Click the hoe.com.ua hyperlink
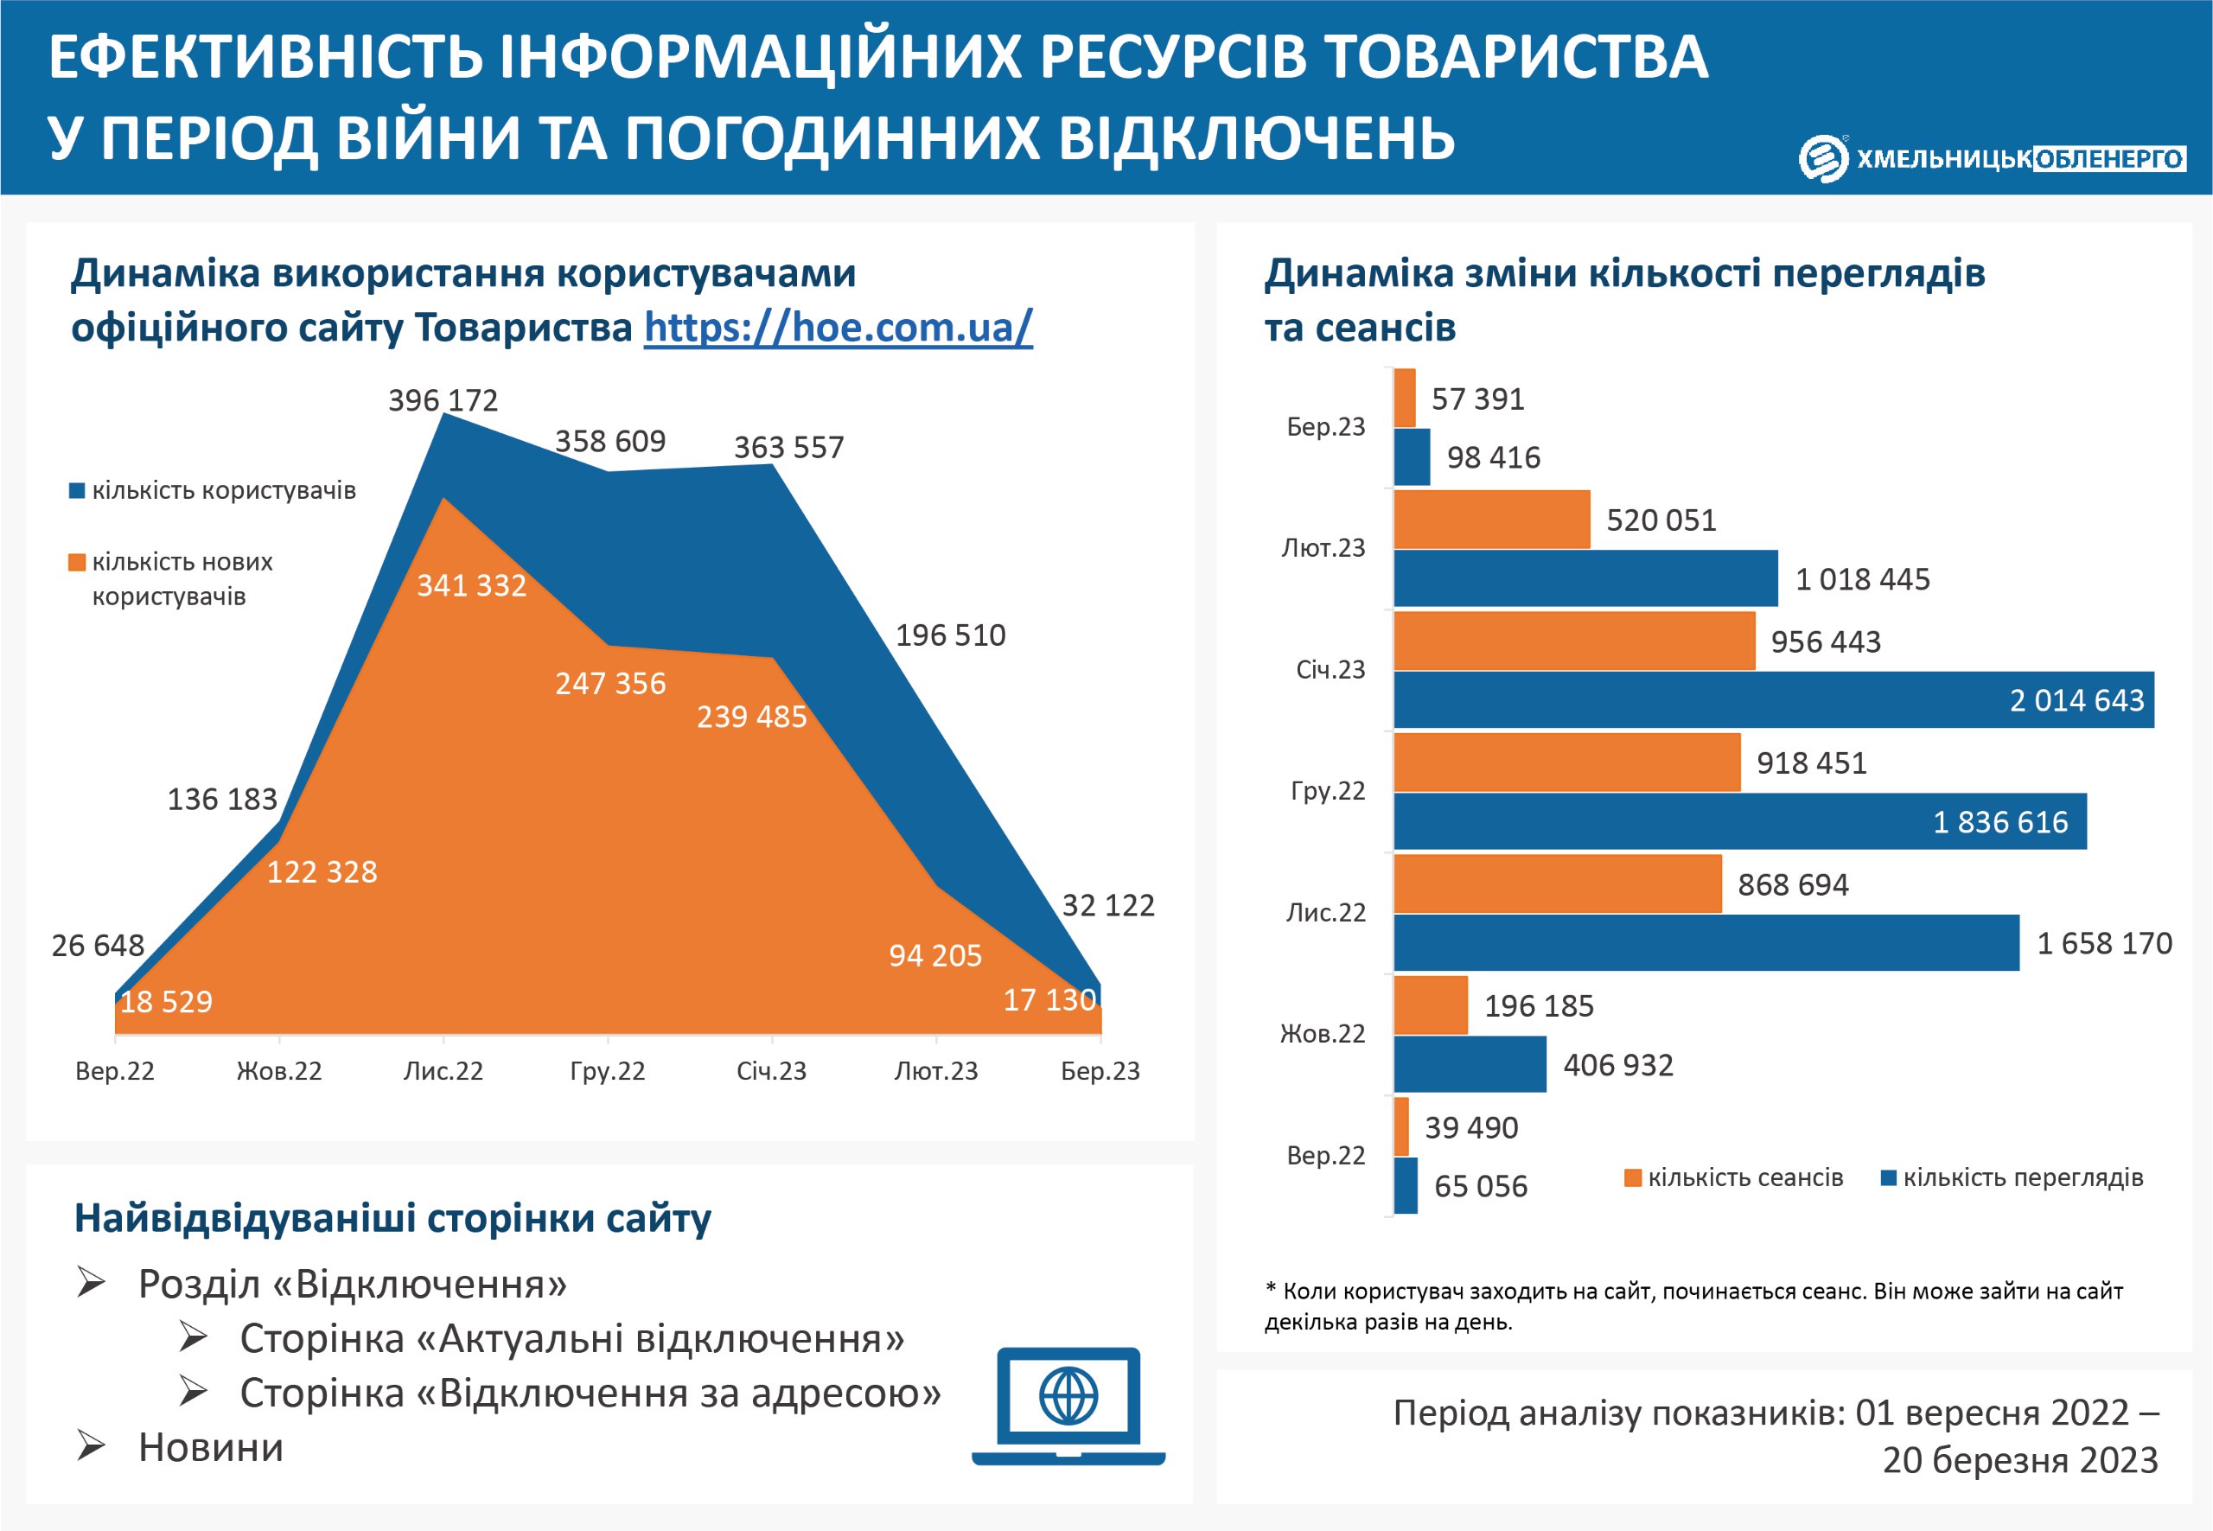click(838, 327)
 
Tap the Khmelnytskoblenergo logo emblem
click(1822, 158)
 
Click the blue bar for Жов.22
click(1469, 1064)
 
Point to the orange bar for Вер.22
click(1400, 1126)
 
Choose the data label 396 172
click(443, 400)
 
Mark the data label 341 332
click(471, 585)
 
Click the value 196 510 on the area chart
click(950, 635)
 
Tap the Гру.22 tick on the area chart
click(607, 1070)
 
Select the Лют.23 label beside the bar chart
click(1323, 548)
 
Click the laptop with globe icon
click(1068, 1406)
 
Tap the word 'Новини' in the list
click(211, 1446)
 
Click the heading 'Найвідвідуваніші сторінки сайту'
click(392, 1217)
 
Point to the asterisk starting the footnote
click(1271, 1288)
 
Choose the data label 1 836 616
click(2000, 822)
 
